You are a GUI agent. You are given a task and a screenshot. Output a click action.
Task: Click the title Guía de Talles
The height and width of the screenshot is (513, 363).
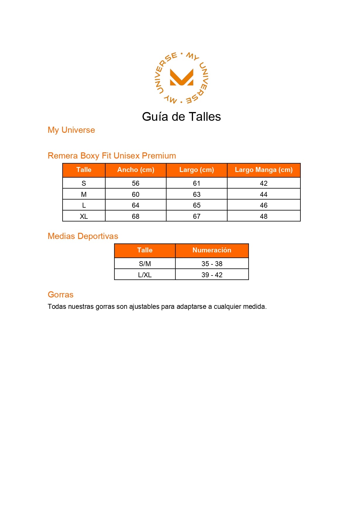(x=181, y=117)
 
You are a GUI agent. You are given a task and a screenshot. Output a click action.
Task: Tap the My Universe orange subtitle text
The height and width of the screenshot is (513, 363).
(x=71, y=130)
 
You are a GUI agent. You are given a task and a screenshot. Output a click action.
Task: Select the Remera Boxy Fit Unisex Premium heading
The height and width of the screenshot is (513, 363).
(x=112, y=156)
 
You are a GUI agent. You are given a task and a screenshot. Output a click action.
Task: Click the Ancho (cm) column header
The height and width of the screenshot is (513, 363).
(x=136, y=170)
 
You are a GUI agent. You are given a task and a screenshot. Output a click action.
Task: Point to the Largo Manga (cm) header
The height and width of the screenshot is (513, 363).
(x=264, y=170)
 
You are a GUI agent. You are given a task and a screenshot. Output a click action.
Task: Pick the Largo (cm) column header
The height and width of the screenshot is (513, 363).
(x=197, y=170)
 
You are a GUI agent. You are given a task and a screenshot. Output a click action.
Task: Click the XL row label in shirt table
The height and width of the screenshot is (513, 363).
(x=84, y=216)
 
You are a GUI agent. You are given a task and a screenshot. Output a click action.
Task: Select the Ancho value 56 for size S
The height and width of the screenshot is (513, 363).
(x=136, y=183)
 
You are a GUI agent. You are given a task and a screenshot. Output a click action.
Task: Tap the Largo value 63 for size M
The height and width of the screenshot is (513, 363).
(x=197, y=194)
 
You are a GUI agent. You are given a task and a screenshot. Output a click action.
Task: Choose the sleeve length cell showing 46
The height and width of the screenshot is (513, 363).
(x=264, y=205)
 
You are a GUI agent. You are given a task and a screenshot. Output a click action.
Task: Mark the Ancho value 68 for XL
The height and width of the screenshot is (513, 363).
(x=136, y=216)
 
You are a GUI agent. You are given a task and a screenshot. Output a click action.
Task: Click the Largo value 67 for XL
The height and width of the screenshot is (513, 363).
(x=197, y=216)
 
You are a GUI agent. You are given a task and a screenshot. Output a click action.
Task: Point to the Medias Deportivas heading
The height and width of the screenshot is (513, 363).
(x=83, y=236)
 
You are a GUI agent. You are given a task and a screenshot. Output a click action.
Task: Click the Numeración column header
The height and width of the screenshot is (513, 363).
(x=212, y=250)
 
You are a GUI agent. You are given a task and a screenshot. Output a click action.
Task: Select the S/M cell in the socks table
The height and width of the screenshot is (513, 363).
(x=145, y=264)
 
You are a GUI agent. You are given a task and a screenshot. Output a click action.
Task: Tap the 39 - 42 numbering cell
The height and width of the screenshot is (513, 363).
(x=212, y=275)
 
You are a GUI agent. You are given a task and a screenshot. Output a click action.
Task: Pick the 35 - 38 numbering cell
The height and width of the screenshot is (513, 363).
(x=212, y=264)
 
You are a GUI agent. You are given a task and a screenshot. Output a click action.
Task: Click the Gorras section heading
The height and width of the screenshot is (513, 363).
(x=61, y=295)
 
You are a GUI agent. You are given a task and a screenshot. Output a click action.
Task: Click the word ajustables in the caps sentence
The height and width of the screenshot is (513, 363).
(x=144, y=307)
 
